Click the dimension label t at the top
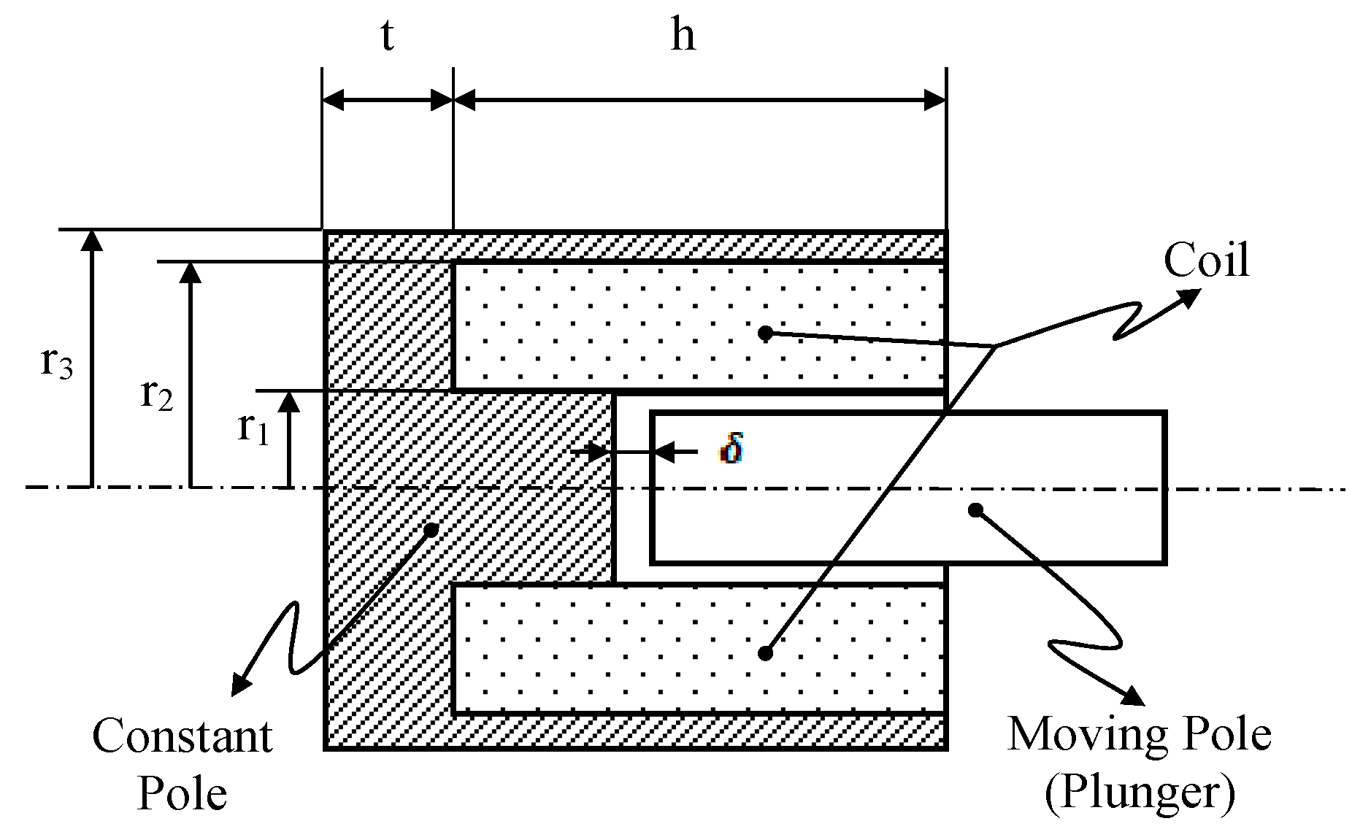click(x=387, y=36)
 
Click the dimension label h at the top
click(x=683, y=35)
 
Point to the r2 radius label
click(x=157, y=394)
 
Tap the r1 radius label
click(x=253, y=428)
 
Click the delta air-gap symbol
click(x=731, y=450)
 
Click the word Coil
click(x=1206, y=261)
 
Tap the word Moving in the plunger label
click(x=1078, y=734)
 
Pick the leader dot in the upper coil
click(x=765, y=334)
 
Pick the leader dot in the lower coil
click(x=765, y=653)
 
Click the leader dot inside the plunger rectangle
click(x=975, y=509)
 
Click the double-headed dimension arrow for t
click(x=387, y=101)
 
